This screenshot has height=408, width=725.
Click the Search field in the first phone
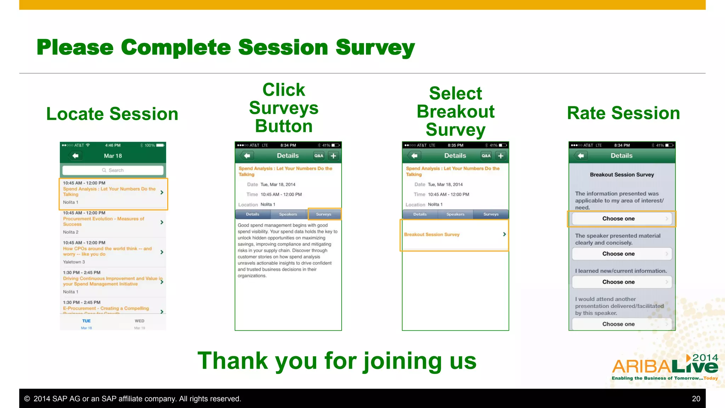[x=113, y=170]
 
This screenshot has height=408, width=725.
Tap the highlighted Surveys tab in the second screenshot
[x=324, y=214]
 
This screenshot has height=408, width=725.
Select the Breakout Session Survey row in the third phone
[x=455, y=234]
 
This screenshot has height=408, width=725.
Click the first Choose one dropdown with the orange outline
[x=621, y=219]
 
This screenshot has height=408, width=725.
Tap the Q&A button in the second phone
[x=319, y=156]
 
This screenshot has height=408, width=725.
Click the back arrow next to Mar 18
[x=75, y=156]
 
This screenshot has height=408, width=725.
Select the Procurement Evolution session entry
[x=113, y=222]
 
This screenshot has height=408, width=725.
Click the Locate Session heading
[x=112, y=114]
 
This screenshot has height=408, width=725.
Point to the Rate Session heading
[x=623, y=113]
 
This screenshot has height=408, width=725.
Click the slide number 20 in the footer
[x=696, y=399]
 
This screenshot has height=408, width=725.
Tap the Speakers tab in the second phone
[x=288, y=214]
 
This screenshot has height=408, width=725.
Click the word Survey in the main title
[x=375, y=47]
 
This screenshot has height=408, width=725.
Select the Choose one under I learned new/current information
[x=621, y=282]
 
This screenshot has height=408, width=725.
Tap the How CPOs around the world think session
[x=113, y=252]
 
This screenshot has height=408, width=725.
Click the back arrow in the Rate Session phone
[x=581, y=156]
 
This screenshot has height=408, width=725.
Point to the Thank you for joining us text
[x=337, y=361]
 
